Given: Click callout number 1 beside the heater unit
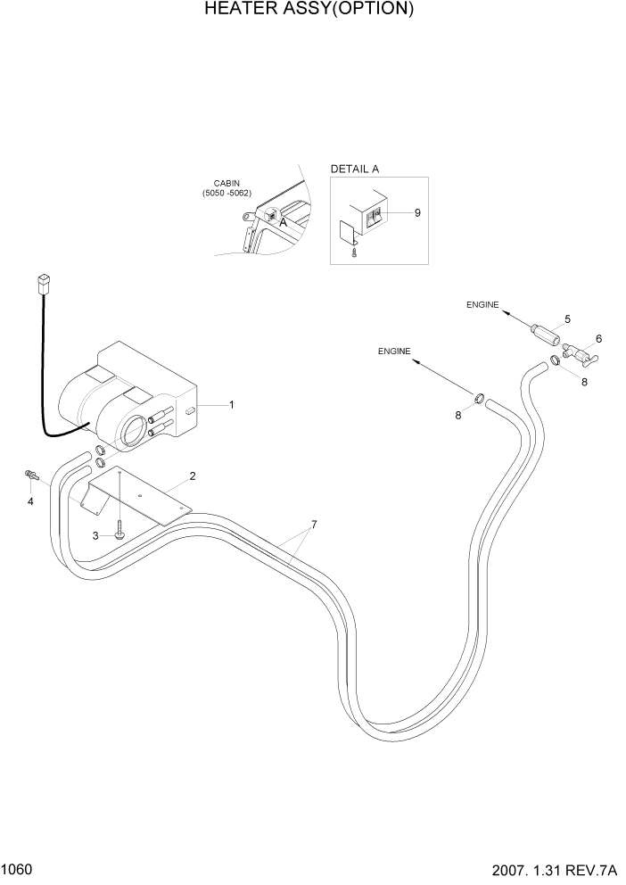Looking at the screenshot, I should [x=232, y=405].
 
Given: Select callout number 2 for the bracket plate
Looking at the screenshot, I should [x=193, y=476].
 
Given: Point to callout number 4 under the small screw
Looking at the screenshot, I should [x=30, y=500].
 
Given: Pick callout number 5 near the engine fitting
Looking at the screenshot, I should [x=567, y=318].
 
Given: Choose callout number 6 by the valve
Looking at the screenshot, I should [x=598, y=339].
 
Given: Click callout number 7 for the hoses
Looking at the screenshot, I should [x=314, y=524].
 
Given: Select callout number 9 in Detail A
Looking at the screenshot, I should [x=417, y=212].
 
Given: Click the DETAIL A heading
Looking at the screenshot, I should [x=354, y=169].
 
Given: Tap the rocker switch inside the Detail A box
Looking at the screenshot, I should [x=377, y=215].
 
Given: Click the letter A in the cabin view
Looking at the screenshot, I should [x=283, y=223].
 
